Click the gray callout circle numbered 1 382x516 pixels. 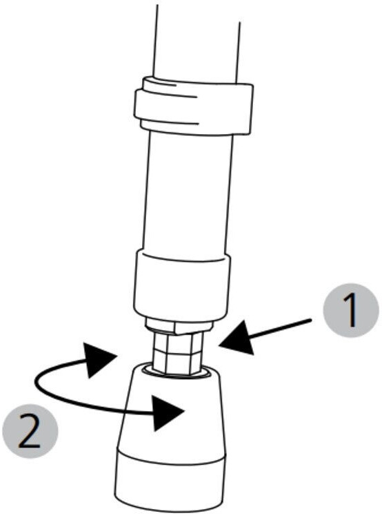351,310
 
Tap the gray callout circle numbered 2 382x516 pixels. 30,431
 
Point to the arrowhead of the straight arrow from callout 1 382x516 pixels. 237,339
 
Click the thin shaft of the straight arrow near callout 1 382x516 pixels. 280,327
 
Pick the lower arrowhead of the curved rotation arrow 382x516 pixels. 166,413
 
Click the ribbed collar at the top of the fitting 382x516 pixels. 194,105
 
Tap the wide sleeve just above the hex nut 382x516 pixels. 182,285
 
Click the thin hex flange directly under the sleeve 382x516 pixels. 179,326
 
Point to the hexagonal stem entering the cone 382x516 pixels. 178,353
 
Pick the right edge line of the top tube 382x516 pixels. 238,52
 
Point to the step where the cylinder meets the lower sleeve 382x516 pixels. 184,256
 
